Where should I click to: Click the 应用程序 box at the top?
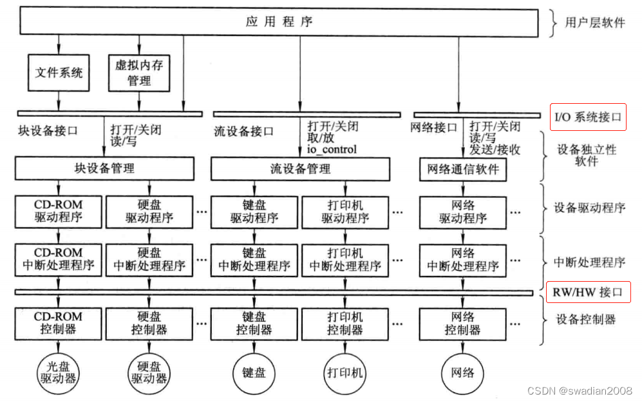coord(279,23)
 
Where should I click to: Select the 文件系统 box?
coord(59,72)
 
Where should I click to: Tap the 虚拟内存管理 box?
coord(139,72)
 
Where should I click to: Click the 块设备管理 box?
coord(104,169)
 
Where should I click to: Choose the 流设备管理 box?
coord(300,169)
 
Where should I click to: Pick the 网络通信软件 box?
coord(463,170)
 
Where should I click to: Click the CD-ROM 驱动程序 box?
coord(59,211)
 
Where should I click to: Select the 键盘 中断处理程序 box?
coord(254,259)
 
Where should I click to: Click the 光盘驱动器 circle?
coord(59,372)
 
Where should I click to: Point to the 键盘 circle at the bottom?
coord(254,372)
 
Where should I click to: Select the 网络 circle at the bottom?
coord(463,372)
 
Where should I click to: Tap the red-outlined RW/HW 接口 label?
coord(588,292)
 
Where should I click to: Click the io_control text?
coord(331,150)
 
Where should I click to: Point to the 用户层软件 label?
coord(594,23)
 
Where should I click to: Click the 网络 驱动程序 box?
coord(463,211)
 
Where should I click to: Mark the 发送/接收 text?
coord(495,150)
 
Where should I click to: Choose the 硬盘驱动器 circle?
coord(149,372)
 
